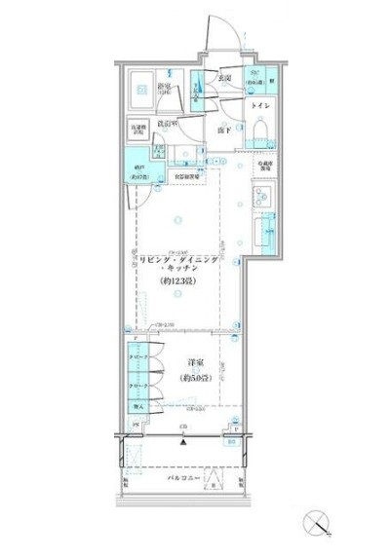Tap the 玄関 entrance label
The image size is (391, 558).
pos(223,77)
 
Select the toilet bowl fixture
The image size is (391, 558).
pos(261,130)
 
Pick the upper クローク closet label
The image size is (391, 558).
pos(137,357)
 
